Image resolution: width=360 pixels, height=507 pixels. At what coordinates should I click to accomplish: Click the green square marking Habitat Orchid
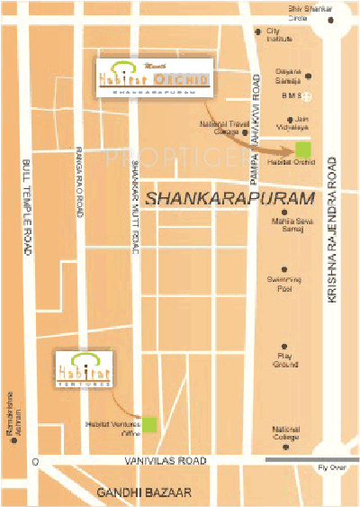[x=303, y=149]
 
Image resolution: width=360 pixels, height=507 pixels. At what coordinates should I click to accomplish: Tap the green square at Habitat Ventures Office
[x=150, y=422]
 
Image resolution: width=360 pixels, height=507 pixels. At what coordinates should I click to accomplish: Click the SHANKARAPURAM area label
[x=231, y=197]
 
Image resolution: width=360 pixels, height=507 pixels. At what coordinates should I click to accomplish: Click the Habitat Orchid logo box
[x=152, y=79]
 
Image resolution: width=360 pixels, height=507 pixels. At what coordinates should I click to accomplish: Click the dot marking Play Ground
[x=284, y=345]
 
